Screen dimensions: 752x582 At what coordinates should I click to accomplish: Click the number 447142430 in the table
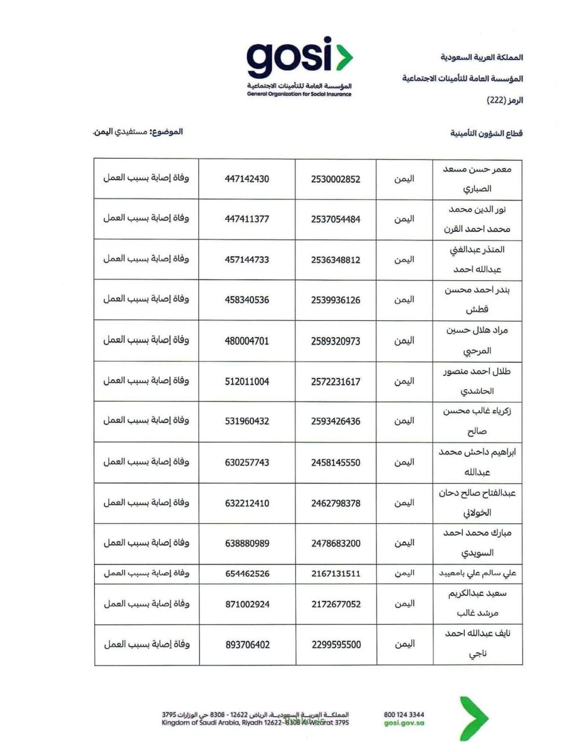(x=246, y=179)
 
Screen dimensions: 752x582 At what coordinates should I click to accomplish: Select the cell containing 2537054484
(x=336, y=219)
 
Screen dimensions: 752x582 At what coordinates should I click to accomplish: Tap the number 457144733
(x=246, y=259)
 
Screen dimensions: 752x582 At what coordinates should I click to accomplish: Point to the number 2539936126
(x=336, y=300)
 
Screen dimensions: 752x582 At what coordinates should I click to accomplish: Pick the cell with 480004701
(x=246, y=341)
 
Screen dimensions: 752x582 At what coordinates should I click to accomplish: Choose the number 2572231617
(x=336, y=381)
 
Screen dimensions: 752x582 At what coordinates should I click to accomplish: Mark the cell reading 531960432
(x=246, y=422)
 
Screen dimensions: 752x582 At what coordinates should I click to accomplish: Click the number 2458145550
(x=336, y=462)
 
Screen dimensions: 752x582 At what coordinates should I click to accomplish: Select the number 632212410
(x=246, y=503)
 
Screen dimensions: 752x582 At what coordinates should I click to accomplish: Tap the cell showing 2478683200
(x=336, y=543)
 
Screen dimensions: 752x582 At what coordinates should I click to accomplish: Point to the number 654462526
(x=246, y=573)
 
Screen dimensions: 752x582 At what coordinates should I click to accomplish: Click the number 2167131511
(x=336, y=573)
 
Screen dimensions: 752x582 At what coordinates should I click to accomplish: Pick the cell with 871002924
(x=246, y=604)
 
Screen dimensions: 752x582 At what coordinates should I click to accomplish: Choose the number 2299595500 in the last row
(x=336, y=644)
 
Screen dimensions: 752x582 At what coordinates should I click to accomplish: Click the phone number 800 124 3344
(x=403, y=714)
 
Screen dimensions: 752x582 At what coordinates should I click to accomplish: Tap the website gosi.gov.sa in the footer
(x=403, y=723)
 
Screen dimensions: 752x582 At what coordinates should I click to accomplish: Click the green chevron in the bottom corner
(x=475, y=718)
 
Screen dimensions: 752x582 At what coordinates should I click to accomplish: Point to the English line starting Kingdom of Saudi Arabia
(x=255, y=723)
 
